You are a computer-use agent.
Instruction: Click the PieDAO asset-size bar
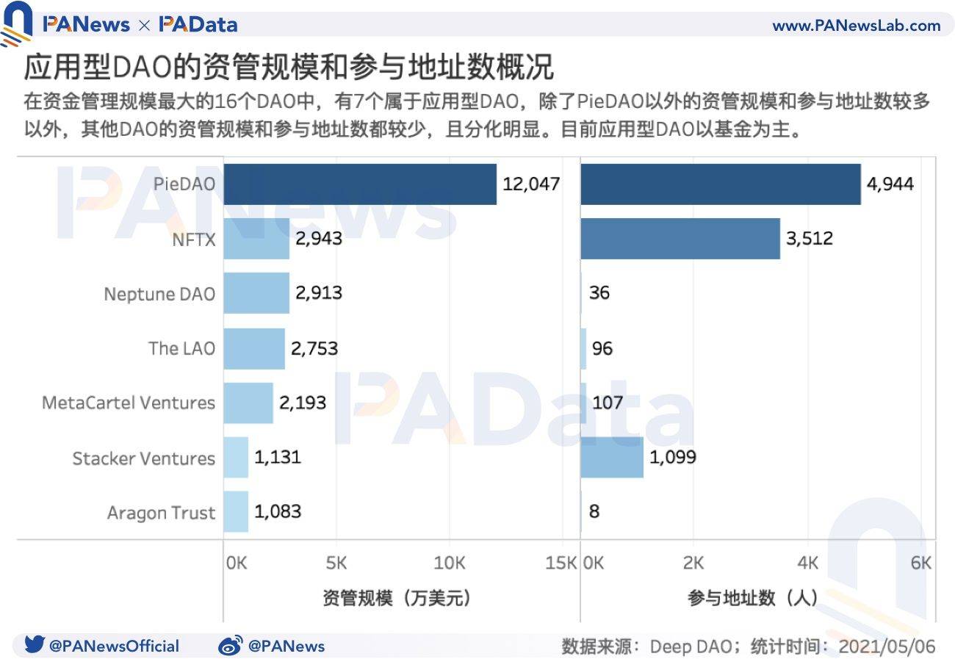(x=360, y=184)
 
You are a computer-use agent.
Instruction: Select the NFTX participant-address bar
(x=680, y=238)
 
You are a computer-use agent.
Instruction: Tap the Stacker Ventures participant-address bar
(x=611, y=457)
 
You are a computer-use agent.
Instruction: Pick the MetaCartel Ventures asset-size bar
(x=248, y=403)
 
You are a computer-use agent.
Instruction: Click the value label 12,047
(x=531, y=184)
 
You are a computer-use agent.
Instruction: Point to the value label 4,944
(x=890, y=184)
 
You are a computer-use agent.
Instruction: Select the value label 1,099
(x=673, y=457)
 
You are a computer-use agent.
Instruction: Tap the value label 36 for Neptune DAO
(x=599, y=293)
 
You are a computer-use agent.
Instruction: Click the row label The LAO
(x=181, y=347)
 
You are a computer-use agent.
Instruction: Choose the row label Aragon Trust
(x=161, y=512)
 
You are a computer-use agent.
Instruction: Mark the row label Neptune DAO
(x=159, y=293)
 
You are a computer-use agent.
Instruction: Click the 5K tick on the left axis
(x=336, y=563)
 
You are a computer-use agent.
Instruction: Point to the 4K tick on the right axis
(x=807, y=563)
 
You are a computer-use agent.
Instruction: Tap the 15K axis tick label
(x=561, y=563)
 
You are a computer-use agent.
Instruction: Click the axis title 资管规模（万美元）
(x=396, y=598)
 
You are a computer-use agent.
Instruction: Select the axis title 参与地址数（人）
(x=753, y=598)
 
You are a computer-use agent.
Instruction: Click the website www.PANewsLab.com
(x=856, y=26)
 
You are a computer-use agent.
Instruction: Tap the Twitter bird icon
(x=35, y=645)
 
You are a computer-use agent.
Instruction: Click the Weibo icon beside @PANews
(x=230, y=646)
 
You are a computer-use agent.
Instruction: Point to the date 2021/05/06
(x=887, y=646)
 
